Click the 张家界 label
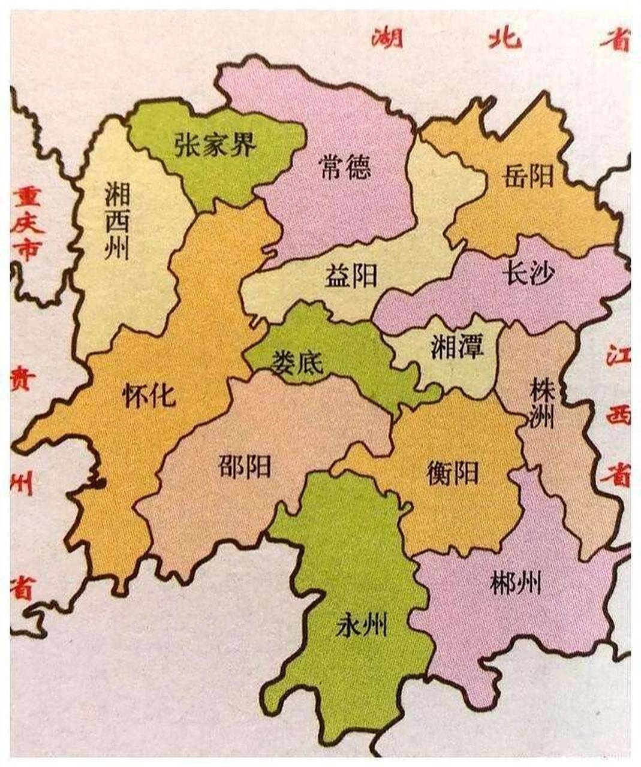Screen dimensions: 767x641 (215, 144)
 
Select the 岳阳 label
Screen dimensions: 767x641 (528, 177)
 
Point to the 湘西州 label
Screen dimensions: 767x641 (117, 220)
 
